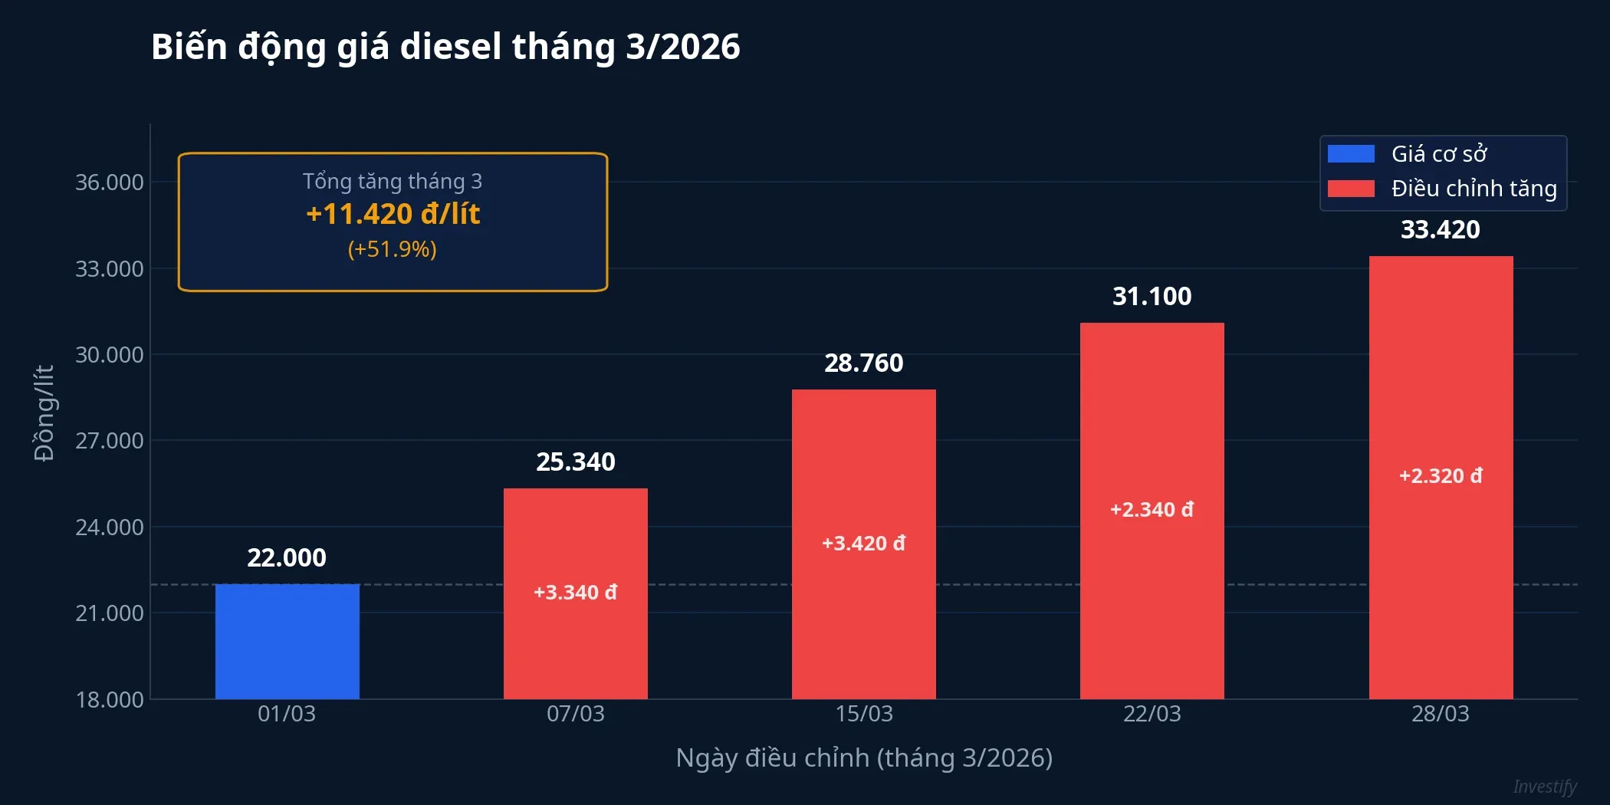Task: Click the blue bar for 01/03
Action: pos(287,641)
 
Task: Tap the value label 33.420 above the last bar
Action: pos(1440,229)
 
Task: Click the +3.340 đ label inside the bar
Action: pos(575,592)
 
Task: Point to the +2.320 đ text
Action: pos(1440,475)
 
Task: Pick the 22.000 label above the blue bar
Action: pos(287,557)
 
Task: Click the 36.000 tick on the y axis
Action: pos(109,182)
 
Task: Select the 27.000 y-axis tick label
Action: pos(109,441)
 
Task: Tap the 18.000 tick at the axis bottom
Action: pos(109,699)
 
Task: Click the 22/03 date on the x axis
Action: pos(1152,714)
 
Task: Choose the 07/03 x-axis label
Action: pos(575,714)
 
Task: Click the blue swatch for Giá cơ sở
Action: pos(1351,154)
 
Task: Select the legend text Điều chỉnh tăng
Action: pos(1474,189)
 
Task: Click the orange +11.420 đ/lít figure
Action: pos(393,214)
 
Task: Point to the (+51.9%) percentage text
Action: pos(393,249)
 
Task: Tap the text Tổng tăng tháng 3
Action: pos(393,181)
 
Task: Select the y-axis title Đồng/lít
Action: pos(44,412)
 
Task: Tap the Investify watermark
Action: pos(1544,787)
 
